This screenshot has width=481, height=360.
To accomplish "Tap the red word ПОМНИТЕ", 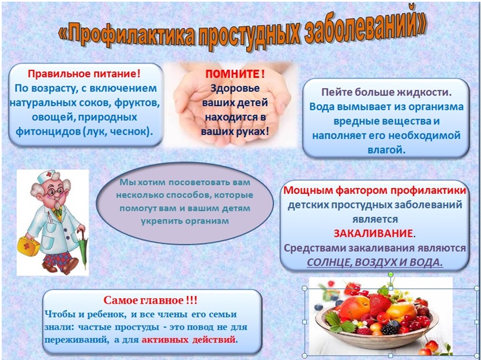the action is (x=233, y=74).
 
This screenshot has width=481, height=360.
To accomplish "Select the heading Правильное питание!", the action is (x=84, y=74).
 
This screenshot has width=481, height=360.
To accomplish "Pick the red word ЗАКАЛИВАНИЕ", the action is (x=373, y=234).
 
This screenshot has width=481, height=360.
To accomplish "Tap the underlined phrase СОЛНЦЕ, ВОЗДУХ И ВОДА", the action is (x=375, y=262).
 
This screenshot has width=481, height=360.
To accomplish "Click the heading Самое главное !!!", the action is (x=150, y=300).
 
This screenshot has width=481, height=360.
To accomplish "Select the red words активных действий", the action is (x=189, y=340).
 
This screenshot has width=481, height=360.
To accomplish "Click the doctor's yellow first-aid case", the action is (x=28, y=247).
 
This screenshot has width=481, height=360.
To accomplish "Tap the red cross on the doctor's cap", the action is (x=49, y=175).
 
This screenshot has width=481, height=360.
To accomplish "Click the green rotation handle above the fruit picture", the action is (x=390, y=274).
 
